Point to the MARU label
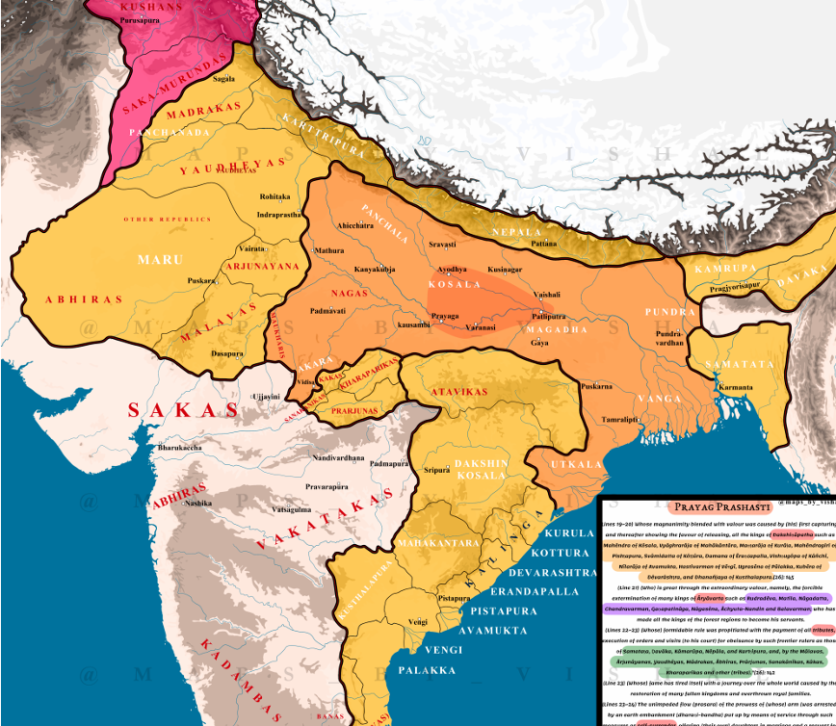pos(160,260)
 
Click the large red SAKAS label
pos(183,410)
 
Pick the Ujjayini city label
pos(266,396)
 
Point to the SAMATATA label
pos(739,365)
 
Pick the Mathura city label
pos(328,250)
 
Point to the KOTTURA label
pos(578,553)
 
